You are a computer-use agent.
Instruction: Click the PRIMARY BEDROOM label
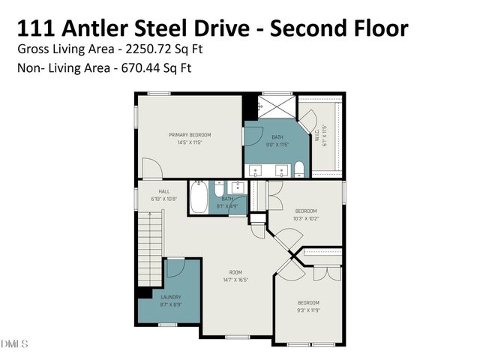pos(189,135)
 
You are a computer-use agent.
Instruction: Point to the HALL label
pos(154,191)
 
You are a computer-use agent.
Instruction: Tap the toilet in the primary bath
pos(298,169)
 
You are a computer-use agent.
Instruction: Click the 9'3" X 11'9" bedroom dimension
pos(308,310)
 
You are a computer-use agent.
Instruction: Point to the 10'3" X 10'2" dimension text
pos(305,218)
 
